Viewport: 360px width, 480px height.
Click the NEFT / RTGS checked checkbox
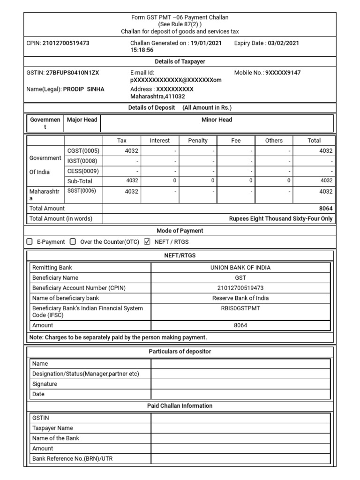click(147, 242)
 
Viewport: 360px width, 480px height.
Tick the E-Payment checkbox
click(30, 242)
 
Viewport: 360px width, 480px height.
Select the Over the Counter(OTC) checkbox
click(73, 242)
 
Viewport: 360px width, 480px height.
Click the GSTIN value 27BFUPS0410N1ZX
click(72, 73)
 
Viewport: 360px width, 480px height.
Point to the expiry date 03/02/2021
click(283, 43)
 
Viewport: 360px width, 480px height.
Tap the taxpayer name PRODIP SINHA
click(84, 89)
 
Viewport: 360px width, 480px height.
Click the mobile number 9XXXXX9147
click(283, 73)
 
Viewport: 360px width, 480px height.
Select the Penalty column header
click(198, 140)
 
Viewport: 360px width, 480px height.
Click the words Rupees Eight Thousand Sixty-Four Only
click(281, 218)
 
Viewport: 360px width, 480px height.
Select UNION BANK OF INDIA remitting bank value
click(240, 268)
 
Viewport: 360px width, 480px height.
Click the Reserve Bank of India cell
click(240, 298)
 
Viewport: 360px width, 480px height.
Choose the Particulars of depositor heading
click(180, 352)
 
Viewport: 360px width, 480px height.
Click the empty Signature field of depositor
click(240, 384)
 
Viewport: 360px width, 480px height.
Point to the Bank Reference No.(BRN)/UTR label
click(72, 458)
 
